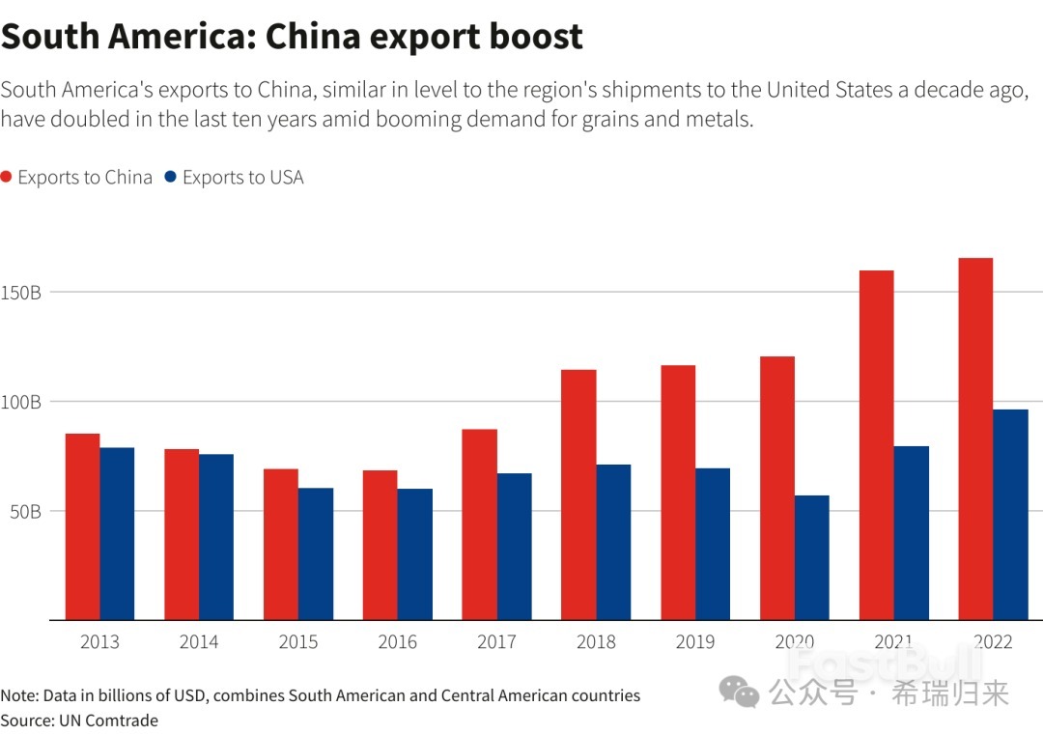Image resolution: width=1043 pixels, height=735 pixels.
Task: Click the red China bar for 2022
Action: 975,438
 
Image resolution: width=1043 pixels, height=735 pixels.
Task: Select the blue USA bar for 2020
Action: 812,557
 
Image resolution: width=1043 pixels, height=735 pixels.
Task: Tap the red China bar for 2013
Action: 82,526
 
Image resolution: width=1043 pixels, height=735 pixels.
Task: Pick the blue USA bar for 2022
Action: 1010,515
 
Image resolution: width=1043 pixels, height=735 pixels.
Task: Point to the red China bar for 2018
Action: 578,495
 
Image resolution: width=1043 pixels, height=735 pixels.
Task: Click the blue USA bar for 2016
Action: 415,554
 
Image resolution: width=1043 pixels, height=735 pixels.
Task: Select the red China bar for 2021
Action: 876,445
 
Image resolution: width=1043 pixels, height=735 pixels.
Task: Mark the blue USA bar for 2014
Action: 216,537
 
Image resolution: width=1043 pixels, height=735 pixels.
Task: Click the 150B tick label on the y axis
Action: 20,293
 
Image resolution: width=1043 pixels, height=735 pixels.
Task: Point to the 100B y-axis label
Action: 20,402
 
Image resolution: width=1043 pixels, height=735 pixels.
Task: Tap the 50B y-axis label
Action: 24,511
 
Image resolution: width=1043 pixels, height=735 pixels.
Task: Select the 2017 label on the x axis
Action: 496,642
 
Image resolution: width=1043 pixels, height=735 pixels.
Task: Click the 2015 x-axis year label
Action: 298,642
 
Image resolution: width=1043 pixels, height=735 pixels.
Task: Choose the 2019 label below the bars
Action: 694,642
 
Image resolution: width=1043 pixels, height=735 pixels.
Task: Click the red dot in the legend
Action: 7,178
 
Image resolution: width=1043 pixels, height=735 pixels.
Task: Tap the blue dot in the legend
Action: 171,178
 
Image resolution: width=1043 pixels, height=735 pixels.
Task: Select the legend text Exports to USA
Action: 242,178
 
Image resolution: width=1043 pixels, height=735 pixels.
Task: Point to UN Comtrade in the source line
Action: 108,720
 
